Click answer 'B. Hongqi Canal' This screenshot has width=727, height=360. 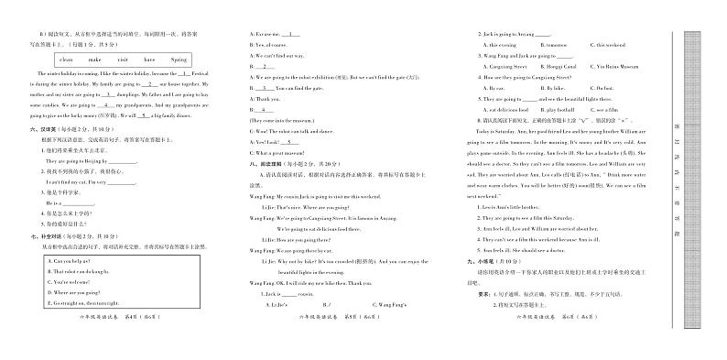click(x=551, y=66)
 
